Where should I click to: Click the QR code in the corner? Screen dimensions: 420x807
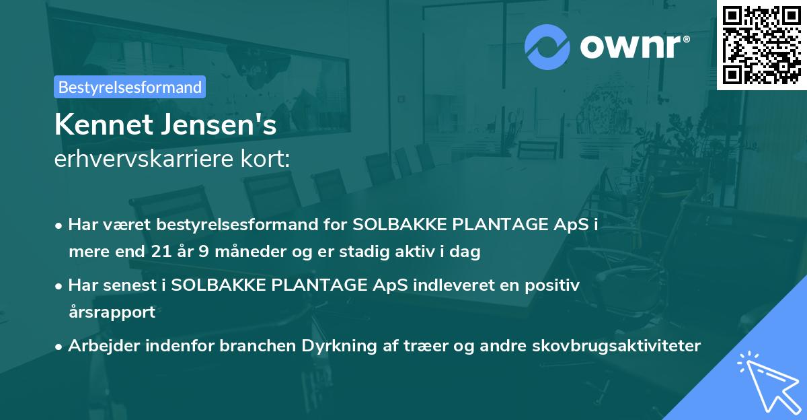762,44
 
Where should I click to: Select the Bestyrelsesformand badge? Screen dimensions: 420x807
130,87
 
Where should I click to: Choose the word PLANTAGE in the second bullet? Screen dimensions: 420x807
328,285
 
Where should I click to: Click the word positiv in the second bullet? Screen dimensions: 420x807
555,285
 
